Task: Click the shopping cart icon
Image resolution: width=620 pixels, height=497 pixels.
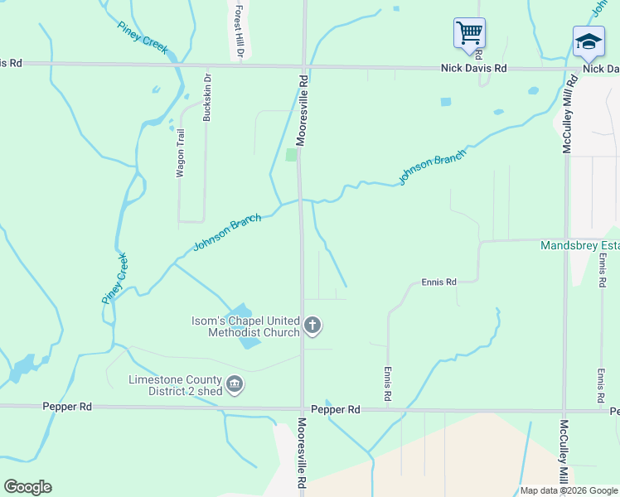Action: [x=469, y=34]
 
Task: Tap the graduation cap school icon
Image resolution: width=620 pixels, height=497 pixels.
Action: [x=588, y=41]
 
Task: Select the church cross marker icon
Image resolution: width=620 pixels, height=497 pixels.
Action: [x=312, y=325]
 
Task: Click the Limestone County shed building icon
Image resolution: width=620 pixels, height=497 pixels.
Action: [x=235, y=384]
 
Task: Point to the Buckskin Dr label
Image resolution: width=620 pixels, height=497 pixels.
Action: [x=208, y=99]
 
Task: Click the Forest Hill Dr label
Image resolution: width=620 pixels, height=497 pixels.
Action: [x=239, y=32]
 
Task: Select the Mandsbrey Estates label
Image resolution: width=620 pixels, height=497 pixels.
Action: [x=579, y=246]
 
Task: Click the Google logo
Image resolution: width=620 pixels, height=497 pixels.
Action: [x=27, y=487]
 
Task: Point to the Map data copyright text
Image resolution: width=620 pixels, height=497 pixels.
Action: [x=568, y=490]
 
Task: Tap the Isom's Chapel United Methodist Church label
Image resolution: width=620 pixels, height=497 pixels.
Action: [x=245, y=326]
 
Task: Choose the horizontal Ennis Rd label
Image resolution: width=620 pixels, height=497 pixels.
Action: [x=439, y=282]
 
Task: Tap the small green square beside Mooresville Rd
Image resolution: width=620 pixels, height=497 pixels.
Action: [x=291, y=155]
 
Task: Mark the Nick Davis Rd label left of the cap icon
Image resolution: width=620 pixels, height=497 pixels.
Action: [x=472, y=69]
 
